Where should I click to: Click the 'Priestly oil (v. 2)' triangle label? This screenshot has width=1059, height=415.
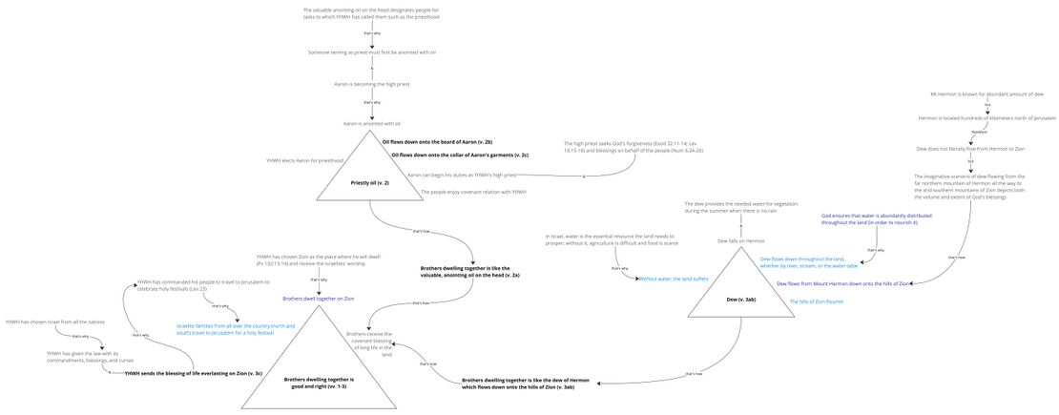pos(370,182)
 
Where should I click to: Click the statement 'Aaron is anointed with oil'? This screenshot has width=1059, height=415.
pos(372,123)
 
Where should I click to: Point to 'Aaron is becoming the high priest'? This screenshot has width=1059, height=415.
pos(372,84)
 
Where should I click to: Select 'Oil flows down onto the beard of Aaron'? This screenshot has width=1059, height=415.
pos(437,141)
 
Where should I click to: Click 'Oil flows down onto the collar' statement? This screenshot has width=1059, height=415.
pos(460,155)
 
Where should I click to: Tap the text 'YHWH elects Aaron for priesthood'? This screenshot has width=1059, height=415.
pos(304,160)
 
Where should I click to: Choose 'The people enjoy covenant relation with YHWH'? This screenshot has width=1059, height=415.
pos(473,192)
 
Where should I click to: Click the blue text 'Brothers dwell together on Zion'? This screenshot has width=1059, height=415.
pos(319,299)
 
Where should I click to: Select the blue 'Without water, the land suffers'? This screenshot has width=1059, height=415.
pos(674,279)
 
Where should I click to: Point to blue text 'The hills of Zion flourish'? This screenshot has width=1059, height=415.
pos(816,301)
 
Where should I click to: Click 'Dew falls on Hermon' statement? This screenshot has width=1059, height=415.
pos(741,240)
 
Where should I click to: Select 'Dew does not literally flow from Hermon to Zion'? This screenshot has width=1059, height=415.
pos(970,149)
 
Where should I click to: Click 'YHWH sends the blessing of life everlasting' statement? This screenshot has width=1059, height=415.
pos(194,373)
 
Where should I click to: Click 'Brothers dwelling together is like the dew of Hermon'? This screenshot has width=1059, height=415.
pos(518,384)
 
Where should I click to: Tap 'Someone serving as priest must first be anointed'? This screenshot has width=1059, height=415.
pos(372,52)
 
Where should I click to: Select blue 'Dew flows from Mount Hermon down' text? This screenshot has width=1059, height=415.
pos(842,283)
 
